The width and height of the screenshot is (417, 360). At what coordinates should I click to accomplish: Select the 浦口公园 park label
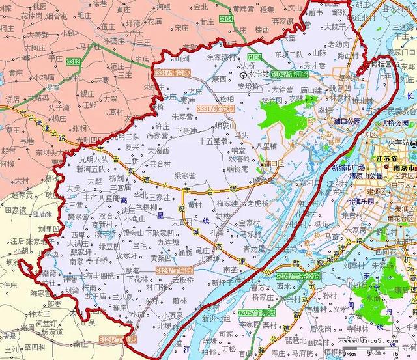coord(347,122)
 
